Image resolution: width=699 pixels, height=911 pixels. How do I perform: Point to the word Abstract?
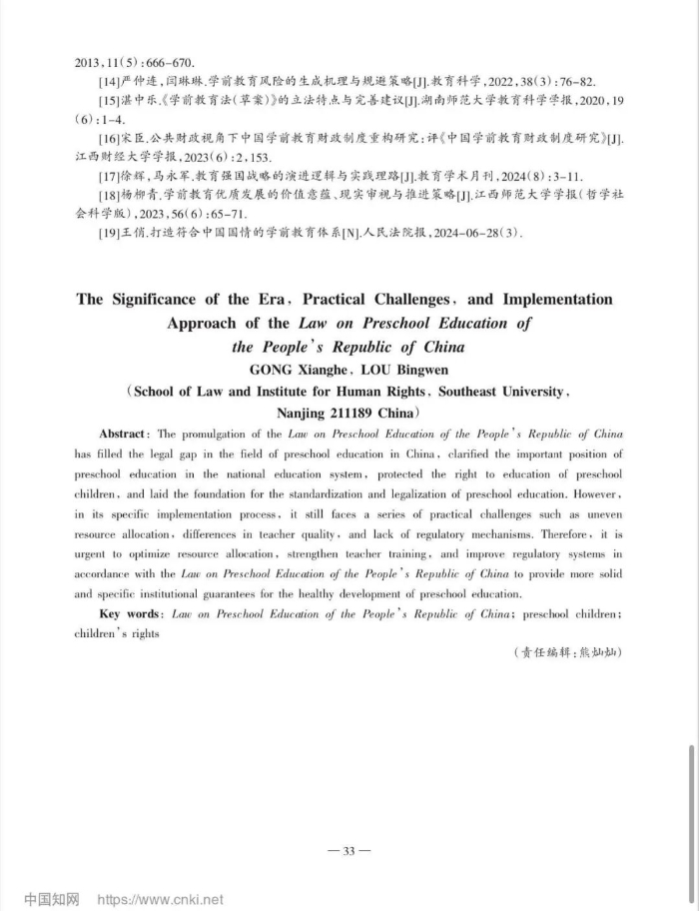124,435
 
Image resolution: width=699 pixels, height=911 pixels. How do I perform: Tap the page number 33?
349,851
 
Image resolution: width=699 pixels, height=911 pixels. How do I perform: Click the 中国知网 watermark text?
51,899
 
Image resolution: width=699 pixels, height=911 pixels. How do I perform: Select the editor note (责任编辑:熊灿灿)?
566,652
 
